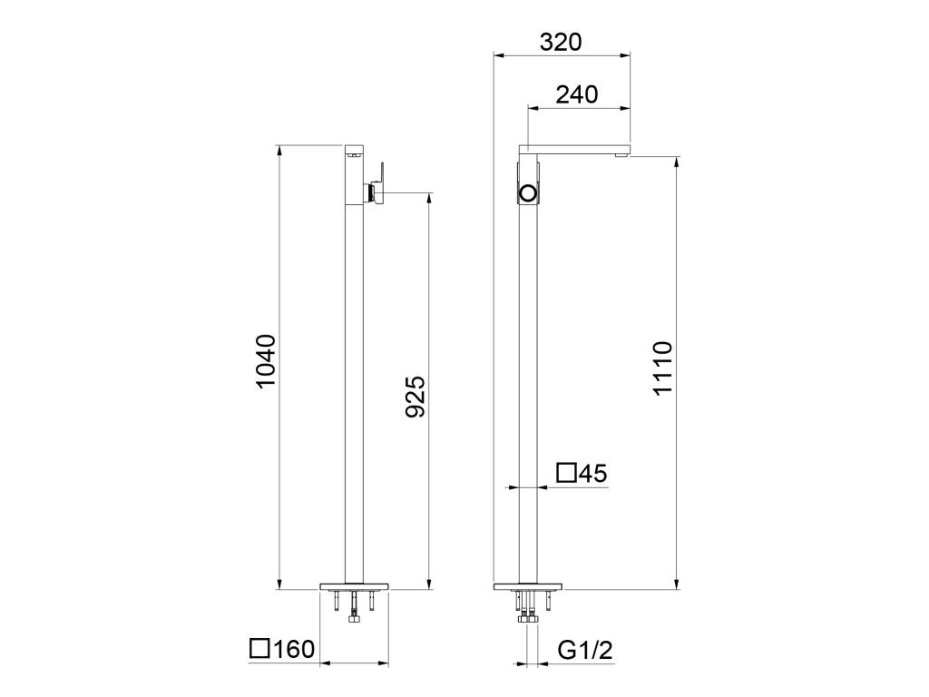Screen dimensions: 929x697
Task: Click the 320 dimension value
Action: (x=561, y=42)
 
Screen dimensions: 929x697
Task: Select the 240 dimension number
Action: (x=576, y=94)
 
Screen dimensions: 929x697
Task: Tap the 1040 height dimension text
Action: (x=266, y=361)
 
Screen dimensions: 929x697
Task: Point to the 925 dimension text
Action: (x=416, y=397)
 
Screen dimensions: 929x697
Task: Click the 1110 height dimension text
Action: (x=662, y=368)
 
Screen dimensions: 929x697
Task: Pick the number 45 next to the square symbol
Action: (x=593, y=474)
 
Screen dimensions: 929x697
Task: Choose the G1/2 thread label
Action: (x=585, y=650)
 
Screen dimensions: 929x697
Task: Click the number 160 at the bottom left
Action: (x=294, y=649)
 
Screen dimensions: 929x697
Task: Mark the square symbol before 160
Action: (x=259, y=648)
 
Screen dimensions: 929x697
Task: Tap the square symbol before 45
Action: (x=566, y=473)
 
